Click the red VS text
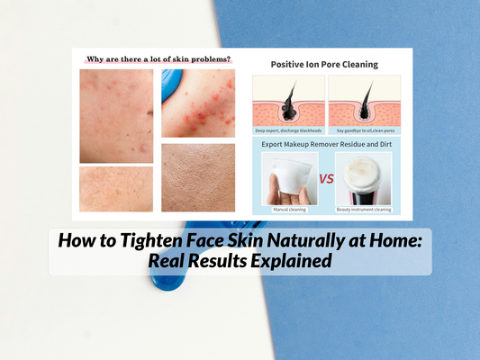pos(327,178)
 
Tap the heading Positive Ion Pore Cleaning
pos(324,64)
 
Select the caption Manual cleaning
pos(288,210)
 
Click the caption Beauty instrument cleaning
pos(364,210)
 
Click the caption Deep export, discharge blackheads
pos(288,130)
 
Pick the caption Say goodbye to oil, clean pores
pos(364,130)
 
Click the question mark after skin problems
pos(228,59)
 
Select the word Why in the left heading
pos(96,59)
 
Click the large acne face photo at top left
pos(116,115)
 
